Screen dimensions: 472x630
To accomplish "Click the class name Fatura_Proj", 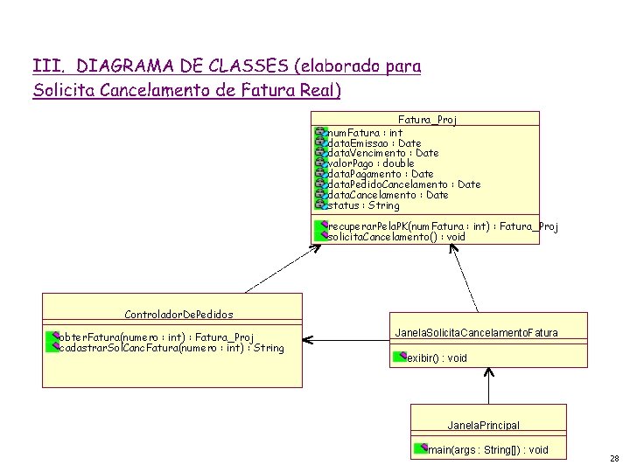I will pyautogui.click(x=427, y=119).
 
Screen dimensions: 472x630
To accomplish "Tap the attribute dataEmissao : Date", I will pyautogui.click(x=374, y=142).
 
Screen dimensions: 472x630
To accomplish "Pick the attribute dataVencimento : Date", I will pyautogui.click(x=382, y=153).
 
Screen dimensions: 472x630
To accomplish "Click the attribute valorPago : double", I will pyautogui.click(x=370, y=163).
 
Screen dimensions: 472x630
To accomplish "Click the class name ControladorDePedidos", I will pyautogui.click(x=178, y=314).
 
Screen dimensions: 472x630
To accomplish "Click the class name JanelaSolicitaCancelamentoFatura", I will pyautogui.click(x=476, y=333).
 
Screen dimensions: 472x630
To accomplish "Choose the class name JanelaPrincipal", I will pyautogui.click(x=483, y=426).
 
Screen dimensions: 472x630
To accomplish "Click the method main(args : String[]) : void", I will pyautogui.click(x=487, y=449).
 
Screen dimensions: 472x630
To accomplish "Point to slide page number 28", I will pyautogui.click(x=613, y=458).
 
